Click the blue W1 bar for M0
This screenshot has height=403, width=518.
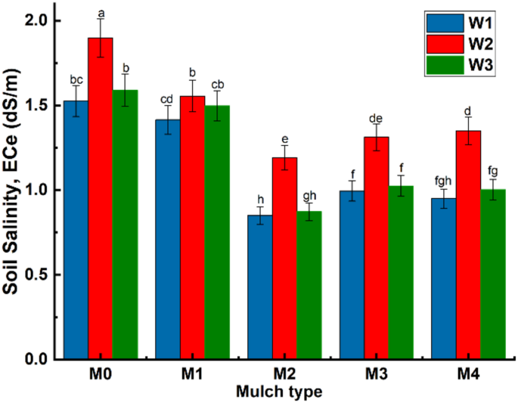(76, 230)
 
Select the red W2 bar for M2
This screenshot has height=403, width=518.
(284, 258)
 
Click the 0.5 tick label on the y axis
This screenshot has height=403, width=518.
(36, 274)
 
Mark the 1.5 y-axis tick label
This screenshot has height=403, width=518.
(36, 106)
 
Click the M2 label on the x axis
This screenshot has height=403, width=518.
(284, 374)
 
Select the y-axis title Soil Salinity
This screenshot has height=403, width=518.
(13, 189)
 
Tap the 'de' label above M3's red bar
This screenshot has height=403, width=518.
(376, 118)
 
